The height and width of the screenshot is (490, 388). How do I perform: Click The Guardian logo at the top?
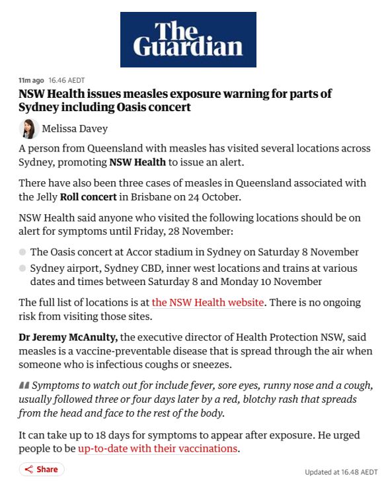click(x=188, y=38)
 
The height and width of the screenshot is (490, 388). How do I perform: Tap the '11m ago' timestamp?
click(x=31, y=80)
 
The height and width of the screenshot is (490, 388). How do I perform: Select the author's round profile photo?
click(x=29, y=128)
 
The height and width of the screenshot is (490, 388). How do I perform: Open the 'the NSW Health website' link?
click(x=208, y=302)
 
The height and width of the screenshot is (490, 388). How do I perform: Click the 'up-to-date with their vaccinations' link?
click(x=157, y=448)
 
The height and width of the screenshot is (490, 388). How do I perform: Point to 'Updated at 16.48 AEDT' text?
click(x=341, y=472)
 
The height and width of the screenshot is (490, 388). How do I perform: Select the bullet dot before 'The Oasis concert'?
click(x=22, y=252)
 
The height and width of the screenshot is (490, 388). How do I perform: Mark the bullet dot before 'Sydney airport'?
click(x=22, y=268)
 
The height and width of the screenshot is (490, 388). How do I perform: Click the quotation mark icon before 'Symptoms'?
click(x=24, y=386)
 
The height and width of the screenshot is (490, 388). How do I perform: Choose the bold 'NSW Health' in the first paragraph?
click(x=137, y=162)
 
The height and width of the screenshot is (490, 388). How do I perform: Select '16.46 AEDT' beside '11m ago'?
click(x=66, y=80)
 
